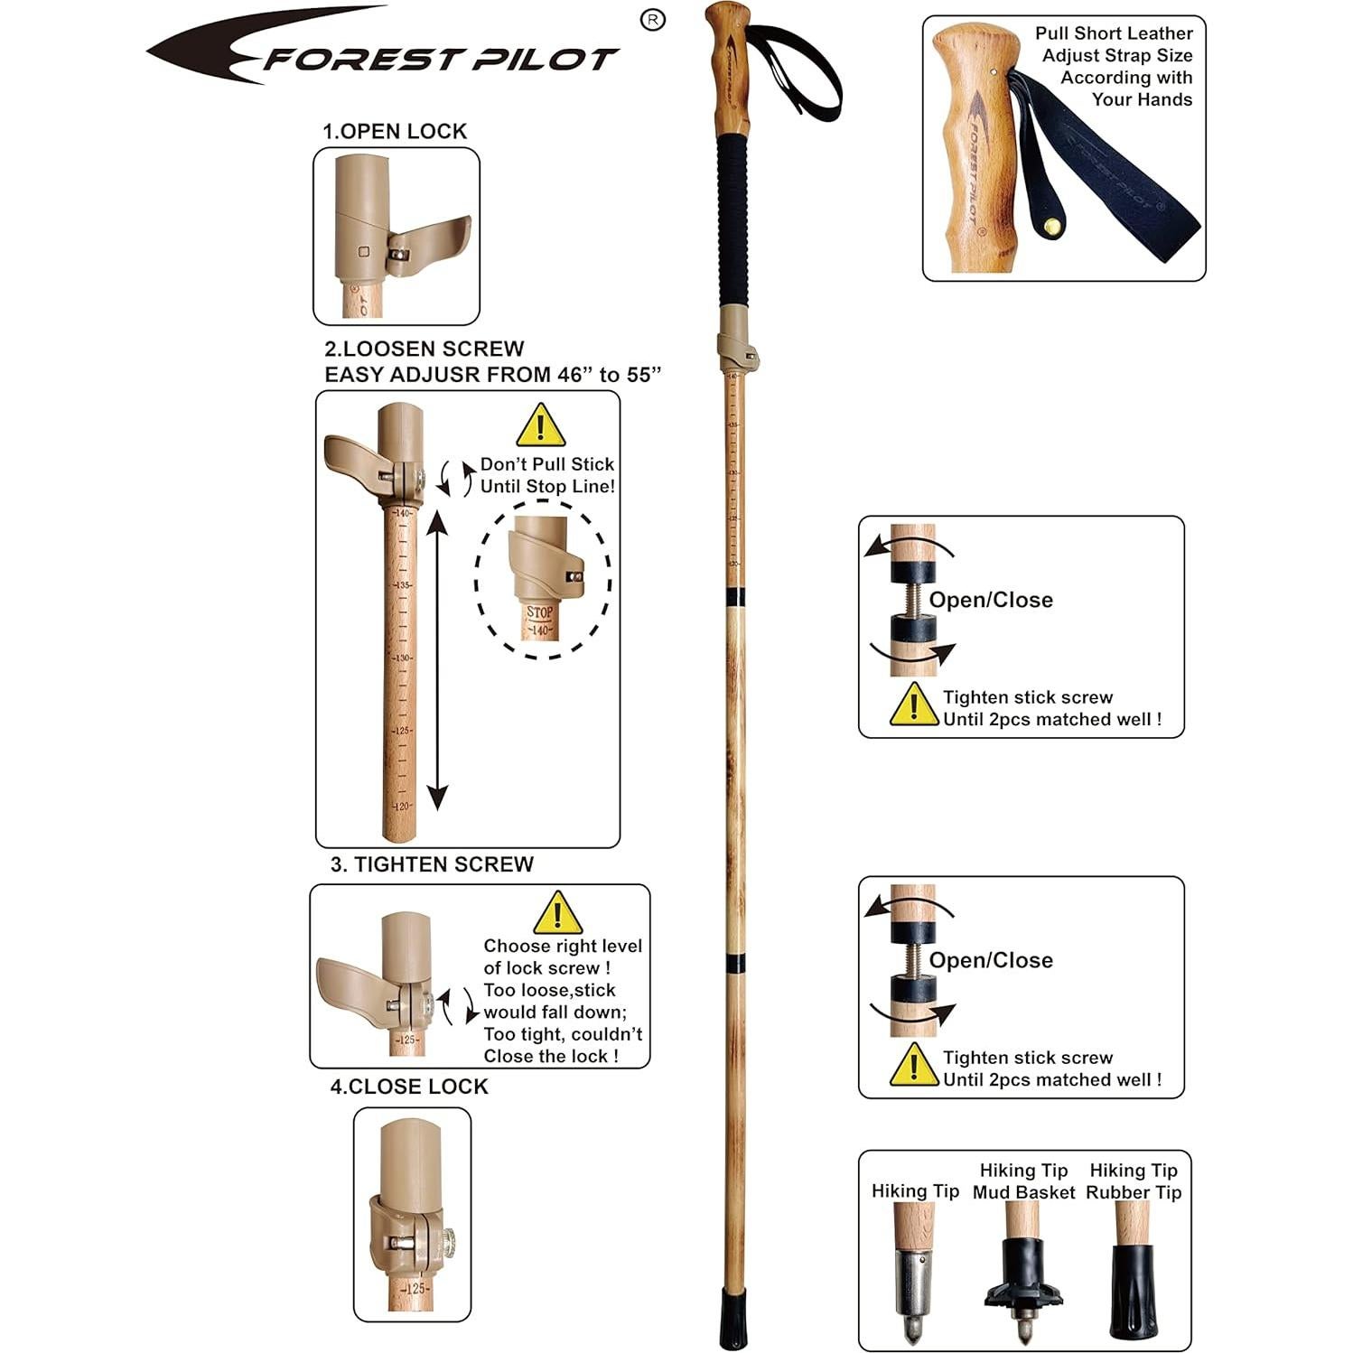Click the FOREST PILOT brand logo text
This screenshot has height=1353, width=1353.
(x=440, y=60)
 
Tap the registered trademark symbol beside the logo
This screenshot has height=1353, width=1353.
(x=652, y=20)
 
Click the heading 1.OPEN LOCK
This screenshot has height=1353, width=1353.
(x=395, y=131)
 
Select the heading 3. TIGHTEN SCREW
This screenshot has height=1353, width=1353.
(x=432, y=864)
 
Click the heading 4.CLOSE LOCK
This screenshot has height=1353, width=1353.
(x=408, y=1087)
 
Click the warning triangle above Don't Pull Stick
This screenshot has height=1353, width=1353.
(x=540, y=425)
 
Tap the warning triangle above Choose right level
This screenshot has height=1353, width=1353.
(x=557, y=913)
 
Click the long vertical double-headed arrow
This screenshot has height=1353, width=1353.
(x=437, y=659)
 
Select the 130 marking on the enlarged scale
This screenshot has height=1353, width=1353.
(x=402, y=658)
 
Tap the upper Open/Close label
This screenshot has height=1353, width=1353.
(x=991, y=600)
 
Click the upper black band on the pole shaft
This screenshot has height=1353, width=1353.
(x=735, y=597)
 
